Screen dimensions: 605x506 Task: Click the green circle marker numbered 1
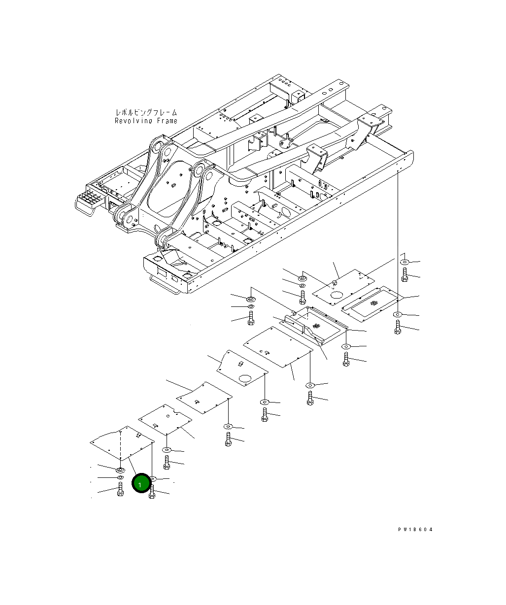pyautogui.click(x=140, y=484)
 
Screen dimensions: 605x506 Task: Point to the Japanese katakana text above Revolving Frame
pyautogui.click(x=146, y=113)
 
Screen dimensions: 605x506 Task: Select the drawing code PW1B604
pyautogui.click(x=415, y=530)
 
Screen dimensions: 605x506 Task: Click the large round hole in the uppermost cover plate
pyautogui.click(x=337, y=296)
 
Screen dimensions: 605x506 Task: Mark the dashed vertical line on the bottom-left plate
pyautogui.click(x=120, y=448)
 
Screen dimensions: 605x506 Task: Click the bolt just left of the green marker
pyautogui.click(x=120, y=491)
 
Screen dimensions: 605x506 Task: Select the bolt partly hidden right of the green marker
pyautogui.click(x=152, y=492)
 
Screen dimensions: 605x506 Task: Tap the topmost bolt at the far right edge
pyautogui.click(x=405, y=275)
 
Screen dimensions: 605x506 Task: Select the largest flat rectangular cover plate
pyautogui.click(x=278, y=346)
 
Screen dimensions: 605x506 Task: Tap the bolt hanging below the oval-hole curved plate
pyautogui.click(x=265, y=415)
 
